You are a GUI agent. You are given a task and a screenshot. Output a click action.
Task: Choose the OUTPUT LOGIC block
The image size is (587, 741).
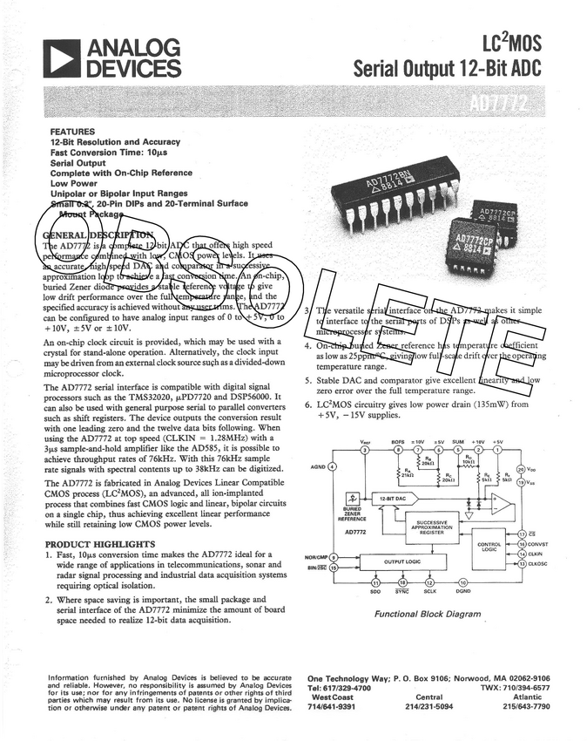click(402, 562)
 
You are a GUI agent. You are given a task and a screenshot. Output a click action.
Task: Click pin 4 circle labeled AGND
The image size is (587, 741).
click(333, 467)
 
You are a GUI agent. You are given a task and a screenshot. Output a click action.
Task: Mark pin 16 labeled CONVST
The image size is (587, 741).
click(521, 544)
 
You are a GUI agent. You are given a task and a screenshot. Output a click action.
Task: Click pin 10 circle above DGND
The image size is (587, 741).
click(463, 581)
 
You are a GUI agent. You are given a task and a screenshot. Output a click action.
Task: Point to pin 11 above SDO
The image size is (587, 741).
click(375, 581)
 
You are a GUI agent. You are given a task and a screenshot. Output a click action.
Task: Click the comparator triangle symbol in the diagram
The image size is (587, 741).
click(500, 503)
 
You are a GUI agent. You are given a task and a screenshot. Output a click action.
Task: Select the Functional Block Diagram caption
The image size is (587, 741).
click(428, 614)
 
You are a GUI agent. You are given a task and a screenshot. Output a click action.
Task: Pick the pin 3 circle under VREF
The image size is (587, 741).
click(364, 450)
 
